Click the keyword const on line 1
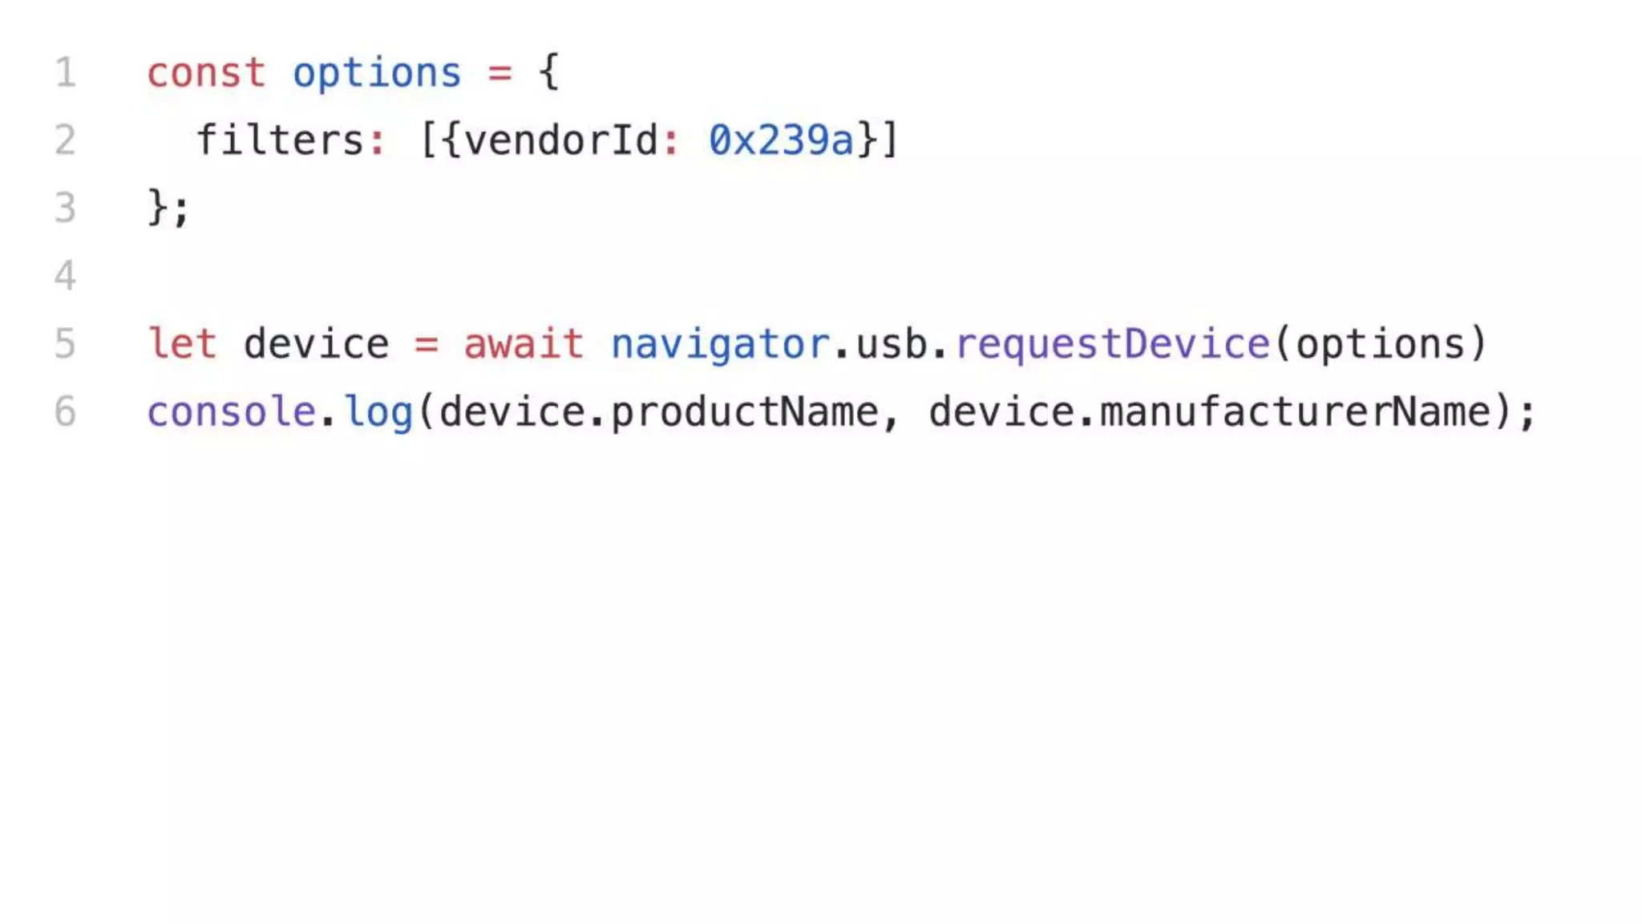205,74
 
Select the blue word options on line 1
377,74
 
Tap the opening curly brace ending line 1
549,72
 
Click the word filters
279,140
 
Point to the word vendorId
561,140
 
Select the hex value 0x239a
781,140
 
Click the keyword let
182,344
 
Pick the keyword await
524,344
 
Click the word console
231,412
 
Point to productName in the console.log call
744,412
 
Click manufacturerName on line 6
1294,412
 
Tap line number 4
65,276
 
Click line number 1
66,73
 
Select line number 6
65,412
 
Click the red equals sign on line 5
426,345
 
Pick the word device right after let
316,344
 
